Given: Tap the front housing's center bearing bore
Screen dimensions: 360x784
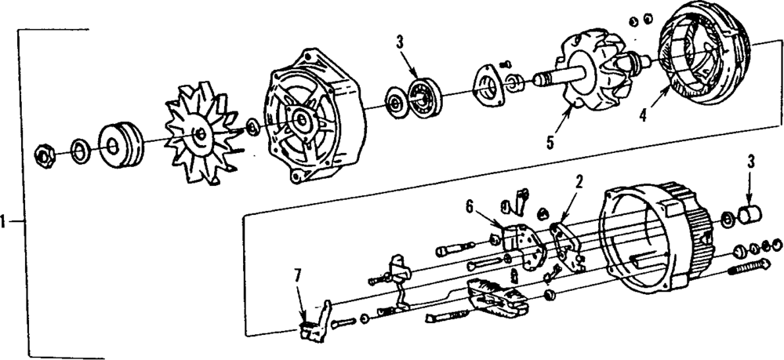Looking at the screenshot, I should point(299,120).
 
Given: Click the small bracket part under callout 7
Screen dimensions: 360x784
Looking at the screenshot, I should point(314,328).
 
